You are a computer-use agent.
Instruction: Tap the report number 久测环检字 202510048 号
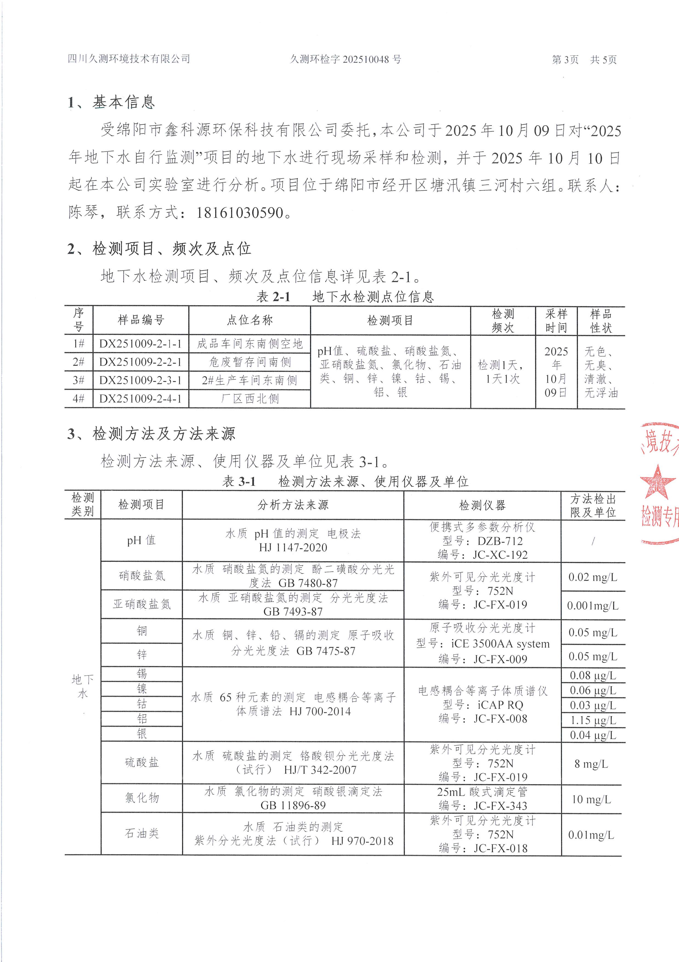tap(346, 60)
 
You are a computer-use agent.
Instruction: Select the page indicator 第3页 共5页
tap(584, 60)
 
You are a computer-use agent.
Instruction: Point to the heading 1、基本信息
tap(111, 102)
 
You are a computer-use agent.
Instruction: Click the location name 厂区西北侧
tap(250, 399)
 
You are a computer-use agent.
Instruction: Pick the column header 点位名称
tap(250, 321)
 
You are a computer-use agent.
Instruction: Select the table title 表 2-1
tap(273, 297)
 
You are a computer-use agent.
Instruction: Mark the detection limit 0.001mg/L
tap(592, 605)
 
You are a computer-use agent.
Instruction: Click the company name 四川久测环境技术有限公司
tap(129, 59)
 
